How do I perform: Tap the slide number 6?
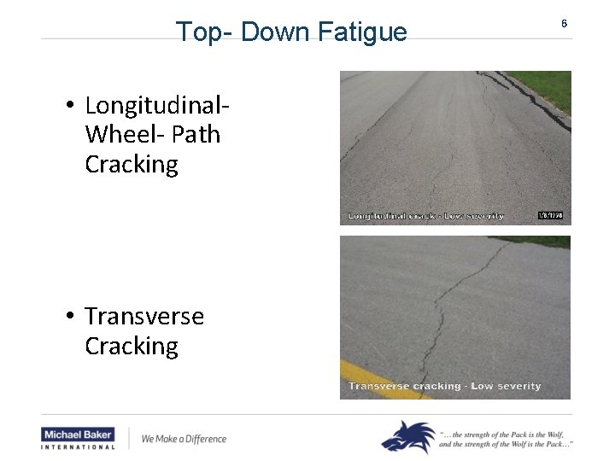click(564, 24)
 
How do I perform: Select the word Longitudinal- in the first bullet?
click(158, 106)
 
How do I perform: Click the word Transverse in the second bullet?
click(144, 317)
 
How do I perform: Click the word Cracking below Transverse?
click(132, 346)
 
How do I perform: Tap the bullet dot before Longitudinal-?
click(69, 107)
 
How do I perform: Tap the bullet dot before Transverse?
click(69, 317)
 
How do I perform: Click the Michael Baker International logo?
click(78, 438)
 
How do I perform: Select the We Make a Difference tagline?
click(184, 439)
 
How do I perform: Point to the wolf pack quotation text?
click(506, 438)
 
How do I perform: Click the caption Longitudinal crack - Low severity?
click(425, 216)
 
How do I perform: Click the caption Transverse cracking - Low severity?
click(444, 386)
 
